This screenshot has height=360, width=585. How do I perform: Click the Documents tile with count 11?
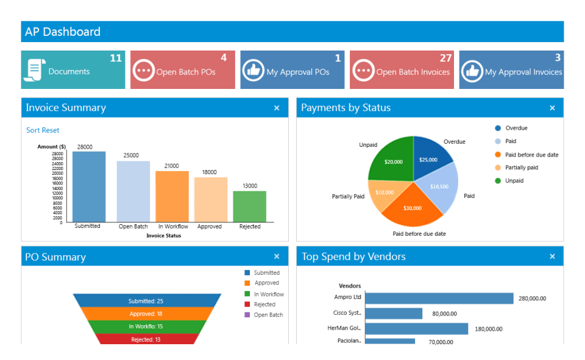tap(73, 70)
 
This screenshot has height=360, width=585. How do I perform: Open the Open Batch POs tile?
tap(183, 70)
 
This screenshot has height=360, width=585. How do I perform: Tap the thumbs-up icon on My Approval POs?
tap(253, 70)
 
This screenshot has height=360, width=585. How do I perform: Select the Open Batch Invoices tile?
tap(402, 70)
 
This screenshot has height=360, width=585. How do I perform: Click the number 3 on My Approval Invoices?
tap(558, 58)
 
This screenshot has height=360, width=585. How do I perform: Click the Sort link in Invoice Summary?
tap(33, 130)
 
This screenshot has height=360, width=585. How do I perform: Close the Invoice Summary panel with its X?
tap(277, 108)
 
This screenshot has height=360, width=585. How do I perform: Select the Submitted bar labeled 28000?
tap(89, 186)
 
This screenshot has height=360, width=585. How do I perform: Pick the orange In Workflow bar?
tap(172, 196)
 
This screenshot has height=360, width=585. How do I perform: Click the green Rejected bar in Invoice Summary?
tap(250, 206)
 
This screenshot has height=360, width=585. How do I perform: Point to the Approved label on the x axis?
tap(210, 227)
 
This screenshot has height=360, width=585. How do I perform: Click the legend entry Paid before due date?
tap(531, 155)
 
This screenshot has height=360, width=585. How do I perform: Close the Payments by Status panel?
tap(552, 108)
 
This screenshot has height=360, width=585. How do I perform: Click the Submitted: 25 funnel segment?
tap(146, 301)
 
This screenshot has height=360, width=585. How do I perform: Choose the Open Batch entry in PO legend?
tap(268, 315)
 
